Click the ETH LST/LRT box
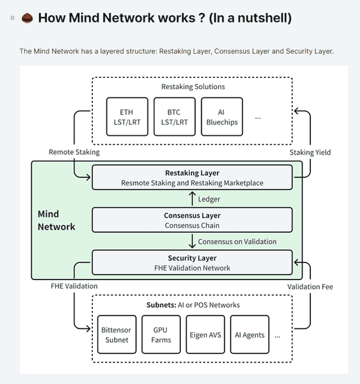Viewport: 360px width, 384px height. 127,117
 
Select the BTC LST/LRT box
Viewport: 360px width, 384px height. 174,117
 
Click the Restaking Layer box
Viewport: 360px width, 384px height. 192,178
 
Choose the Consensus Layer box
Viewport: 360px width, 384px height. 192,220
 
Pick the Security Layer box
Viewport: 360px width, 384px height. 192,263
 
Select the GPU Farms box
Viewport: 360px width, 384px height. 161,335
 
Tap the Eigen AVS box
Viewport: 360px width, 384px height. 205,335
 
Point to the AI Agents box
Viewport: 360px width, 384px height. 249,335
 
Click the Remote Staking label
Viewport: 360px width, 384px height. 74,152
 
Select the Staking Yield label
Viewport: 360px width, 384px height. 310,152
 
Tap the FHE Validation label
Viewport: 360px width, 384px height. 74,287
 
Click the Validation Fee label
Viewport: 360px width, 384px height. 310,287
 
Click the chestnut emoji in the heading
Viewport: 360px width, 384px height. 27,18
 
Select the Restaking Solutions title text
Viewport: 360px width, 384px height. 193,87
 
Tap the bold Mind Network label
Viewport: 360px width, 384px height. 56,220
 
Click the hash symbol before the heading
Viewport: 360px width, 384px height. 12,18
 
